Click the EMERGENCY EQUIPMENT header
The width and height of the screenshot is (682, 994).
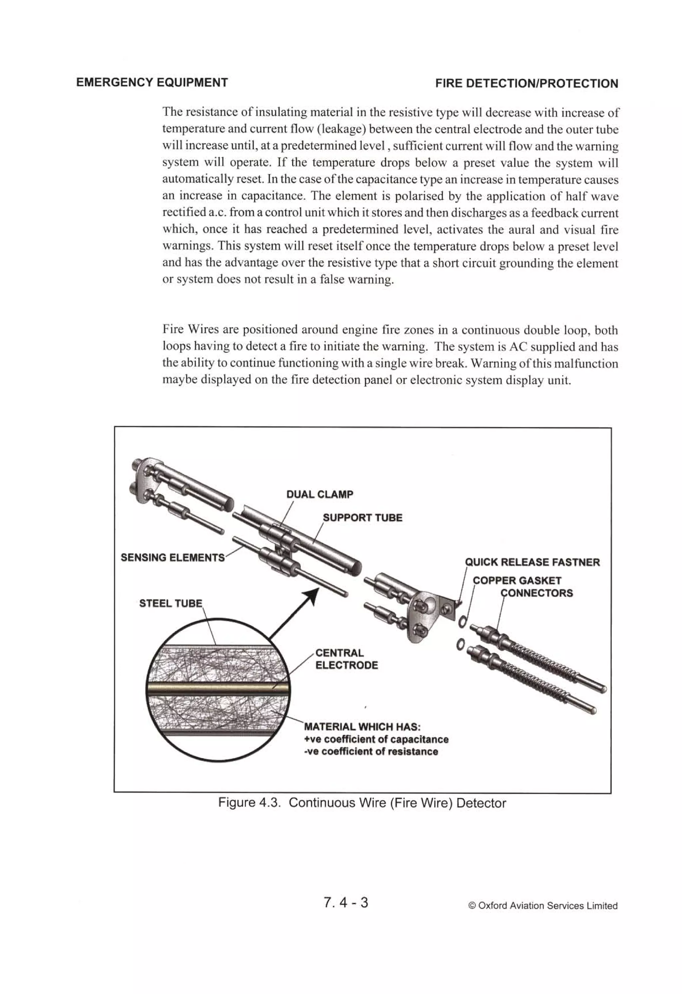pos(152,83)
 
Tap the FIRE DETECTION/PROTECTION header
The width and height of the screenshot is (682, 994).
pos(526,83)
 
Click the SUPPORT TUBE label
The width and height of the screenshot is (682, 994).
pos(362,517)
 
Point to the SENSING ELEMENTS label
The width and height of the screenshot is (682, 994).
pos(172,558)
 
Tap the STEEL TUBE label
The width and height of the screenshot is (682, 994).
pos(170,603)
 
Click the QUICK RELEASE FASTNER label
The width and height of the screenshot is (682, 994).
pos(532,562)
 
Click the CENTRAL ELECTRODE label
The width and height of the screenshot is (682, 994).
pos(346,659)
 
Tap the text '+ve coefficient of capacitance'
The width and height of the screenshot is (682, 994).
pos(376,739)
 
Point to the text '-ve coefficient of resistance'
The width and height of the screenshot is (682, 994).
pos(371,751)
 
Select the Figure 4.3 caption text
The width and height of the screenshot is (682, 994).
pos(362,803)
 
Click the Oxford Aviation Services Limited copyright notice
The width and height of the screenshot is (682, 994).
pos(543,905)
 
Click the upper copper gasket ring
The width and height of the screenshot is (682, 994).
pos(462,620)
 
